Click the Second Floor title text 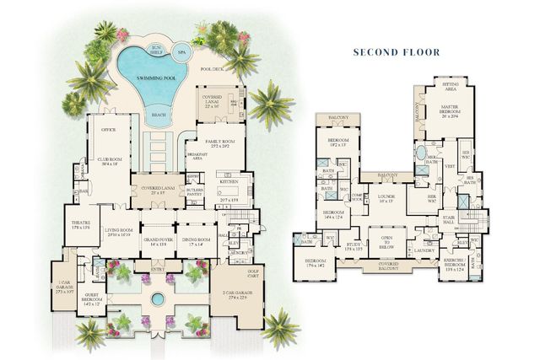tap(397, 52)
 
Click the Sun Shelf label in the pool tap(154, 49)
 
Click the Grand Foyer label tap(157, 241)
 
